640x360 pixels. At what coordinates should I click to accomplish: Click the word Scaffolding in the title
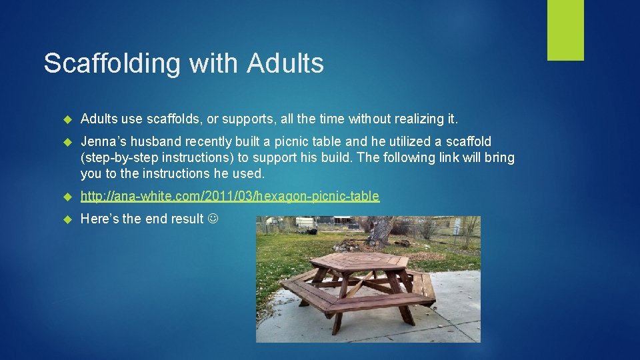pyautogui.click(x=112, y=64)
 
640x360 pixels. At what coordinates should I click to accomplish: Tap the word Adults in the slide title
pyautogui.click(x=285, y=64)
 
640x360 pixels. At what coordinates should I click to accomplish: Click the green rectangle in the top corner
pyautogui.click(x=565, y=30)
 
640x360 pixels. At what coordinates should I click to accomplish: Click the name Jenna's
pyautogui.click(x=103, y=141)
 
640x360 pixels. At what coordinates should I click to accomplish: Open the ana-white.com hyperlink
pyautogui.click(x=229, y=196)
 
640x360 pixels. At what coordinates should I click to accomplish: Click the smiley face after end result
pyautogui.click(x=213, y=219)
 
